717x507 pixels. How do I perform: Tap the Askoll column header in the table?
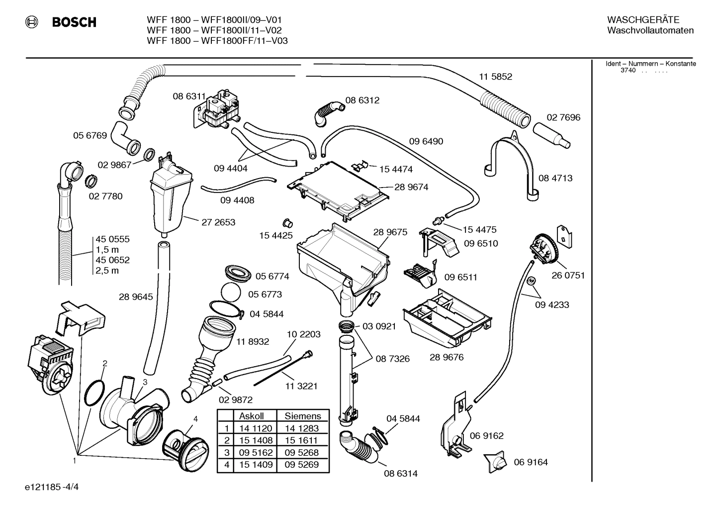(x=251, y=416)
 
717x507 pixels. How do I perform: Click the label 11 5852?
(x=495, y=77)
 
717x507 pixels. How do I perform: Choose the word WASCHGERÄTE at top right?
(x=643, y=20)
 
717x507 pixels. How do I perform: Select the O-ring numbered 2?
(x=94, y=393)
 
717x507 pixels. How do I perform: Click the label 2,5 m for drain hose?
(x=107, y=271)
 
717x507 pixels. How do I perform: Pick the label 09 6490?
(x=426, y=141)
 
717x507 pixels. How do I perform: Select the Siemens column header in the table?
(x=302, y=416)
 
